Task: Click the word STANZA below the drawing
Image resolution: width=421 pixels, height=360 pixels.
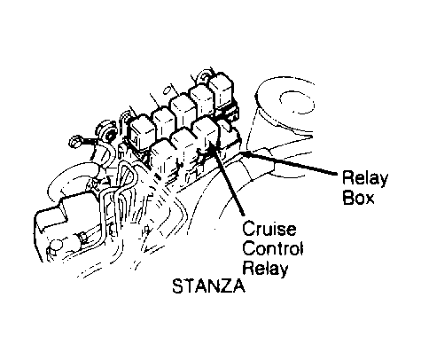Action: coord(208,286)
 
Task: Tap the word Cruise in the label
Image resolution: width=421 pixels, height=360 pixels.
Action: coord(269,228)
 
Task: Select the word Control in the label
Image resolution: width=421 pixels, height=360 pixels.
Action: coord(272,248)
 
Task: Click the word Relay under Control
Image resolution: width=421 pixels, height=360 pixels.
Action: coord(265,269)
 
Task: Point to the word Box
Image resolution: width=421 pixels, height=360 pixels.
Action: coord(358,197)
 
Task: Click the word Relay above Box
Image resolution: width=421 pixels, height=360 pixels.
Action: coord(365,178)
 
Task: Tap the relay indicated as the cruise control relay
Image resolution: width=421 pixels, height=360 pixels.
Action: coord(206,130)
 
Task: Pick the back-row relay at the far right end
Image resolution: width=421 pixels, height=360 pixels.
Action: coord(222,90)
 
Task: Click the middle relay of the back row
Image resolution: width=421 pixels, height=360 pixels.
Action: coord(182,110)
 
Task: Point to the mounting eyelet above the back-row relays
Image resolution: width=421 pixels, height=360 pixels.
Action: coord(206,74)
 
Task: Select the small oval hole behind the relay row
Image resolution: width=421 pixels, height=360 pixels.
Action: coord(167,90)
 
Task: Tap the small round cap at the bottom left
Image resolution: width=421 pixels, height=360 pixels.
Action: coord(57,246)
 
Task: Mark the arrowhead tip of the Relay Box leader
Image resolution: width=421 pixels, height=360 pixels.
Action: coord(240,153)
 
